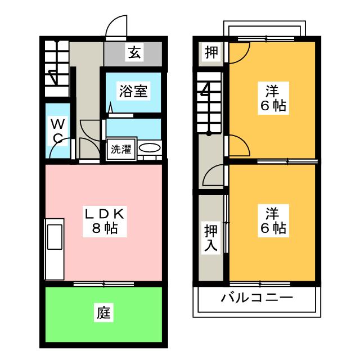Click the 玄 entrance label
(134, 54)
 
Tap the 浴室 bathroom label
(133, 91)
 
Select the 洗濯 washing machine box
(120, 150)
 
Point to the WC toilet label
(57, 130)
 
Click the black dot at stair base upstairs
(209, 133)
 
